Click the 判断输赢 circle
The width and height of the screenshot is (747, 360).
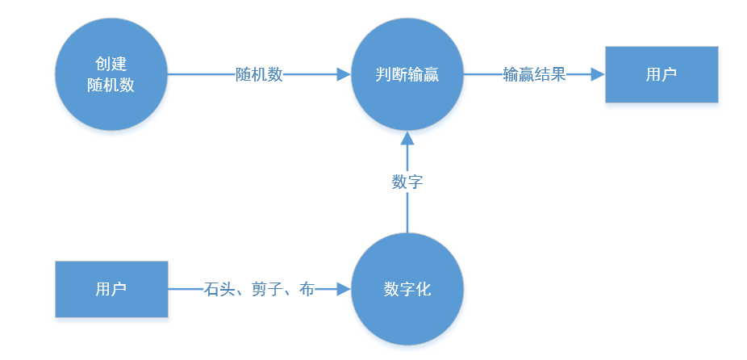(x=407, y=74)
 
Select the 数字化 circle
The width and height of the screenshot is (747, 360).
(x=407, y=289)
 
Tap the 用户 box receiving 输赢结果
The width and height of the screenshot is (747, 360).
(x=661, y=74)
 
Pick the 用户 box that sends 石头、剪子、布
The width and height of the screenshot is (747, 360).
(x=111, y=289)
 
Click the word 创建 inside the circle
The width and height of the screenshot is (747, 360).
(x=111, y=64)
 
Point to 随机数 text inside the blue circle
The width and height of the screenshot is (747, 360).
(x=111, y=85)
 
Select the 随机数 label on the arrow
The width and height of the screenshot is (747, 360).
(x=259, y=74)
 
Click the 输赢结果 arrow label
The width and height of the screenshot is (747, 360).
(x=535, y=74)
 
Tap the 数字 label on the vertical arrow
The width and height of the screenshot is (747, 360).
(x=407, y=182)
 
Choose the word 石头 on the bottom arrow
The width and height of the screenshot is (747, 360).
(x=219, y=289)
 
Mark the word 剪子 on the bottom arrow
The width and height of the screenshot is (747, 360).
(x=267, y=289)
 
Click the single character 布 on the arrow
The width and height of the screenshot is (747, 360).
(x=307, y=289)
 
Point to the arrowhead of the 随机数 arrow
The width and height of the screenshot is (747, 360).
(x=344, y=74)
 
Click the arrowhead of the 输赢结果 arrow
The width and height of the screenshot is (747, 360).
(x=599, y=74)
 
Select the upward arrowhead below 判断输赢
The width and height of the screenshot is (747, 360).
(x=407, y=138)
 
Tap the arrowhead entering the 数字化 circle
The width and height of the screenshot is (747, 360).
(x=344, y=289)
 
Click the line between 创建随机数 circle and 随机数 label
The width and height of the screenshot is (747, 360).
(x=202, y=74)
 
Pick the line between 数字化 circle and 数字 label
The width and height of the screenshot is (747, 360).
(x=407, y=211)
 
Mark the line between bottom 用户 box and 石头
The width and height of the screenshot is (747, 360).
(x=186, y=289)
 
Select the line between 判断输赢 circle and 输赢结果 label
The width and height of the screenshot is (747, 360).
(x=483, y=74)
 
